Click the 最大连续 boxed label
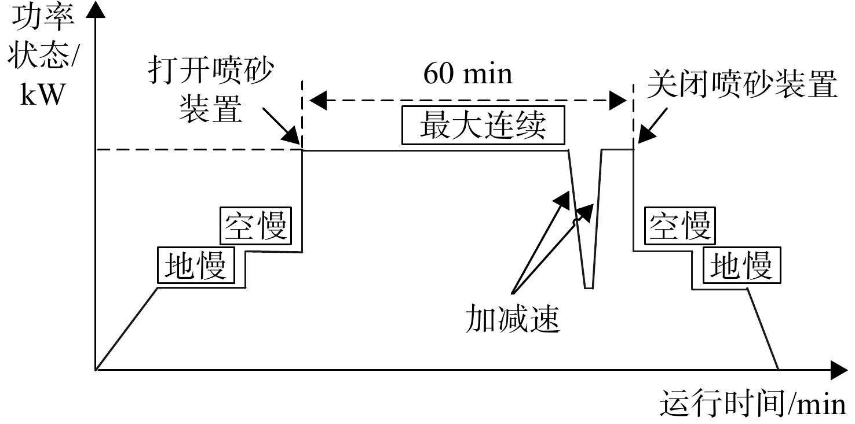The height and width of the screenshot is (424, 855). click(483, 126)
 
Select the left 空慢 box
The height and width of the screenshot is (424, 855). click(255, 226)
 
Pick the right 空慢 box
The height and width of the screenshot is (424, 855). click(680, 226)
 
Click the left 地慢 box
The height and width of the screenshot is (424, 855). click(196, 266)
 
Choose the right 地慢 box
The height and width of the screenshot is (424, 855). click(742, 266)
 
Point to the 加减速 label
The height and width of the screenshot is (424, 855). click(512, 319)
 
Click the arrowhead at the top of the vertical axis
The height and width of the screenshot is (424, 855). click(96, 9)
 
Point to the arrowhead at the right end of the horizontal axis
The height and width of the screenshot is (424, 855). click(839, 370)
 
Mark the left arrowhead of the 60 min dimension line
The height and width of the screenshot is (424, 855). click(318, 101)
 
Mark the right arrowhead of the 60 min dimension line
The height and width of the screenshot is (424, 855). click(618, 101)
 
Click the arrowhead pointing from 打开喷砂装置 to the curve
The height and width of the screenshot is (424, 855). click(292, 136)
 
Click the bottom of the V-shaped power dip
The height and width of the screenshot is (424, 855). click(589, 288)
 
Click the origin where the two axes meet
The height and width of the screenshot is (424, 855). click(96, 370)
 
